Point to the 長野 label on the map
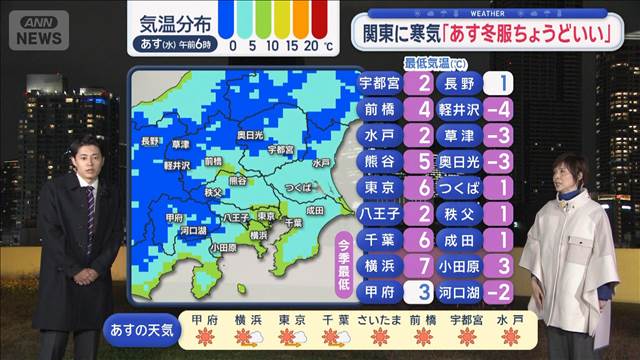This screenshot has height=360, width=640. (152, 141)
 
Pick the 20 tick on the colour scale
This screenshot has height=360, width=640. (312, 46)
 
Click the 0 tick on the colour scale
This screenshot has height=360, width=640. (233, 46)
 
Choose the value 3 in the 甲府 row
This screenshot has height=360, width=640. (425, 291)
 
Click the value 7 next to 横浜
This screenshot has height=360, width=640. (425, 265)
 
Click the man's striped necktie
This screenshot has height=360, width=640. (89, 206)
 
